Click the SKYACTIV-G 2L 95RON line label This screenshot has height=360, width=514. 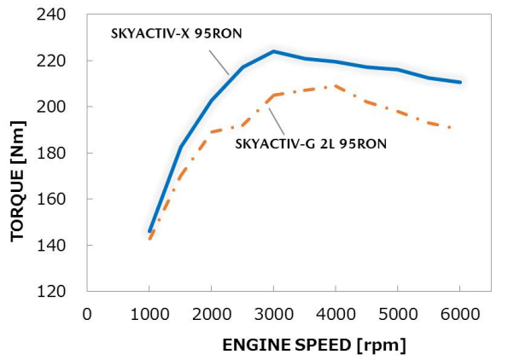point(311,143)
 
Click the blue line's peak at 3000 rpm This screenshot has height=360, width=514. point(273,51)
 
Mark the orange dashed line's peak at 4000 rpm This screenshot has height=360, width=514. point(336,85)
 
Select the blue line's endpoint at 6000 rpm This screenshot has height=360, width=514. point(460,82)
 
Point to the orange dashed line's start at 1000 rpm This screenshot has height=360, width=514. point(149,239)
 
